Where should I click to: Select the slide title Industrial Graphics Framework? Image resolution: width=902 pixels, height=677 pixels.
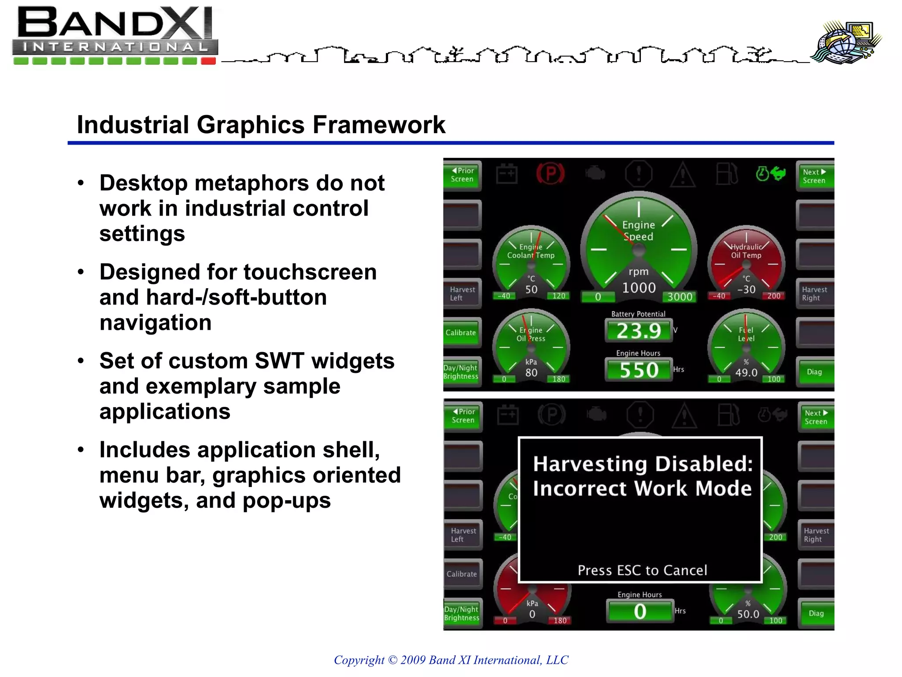(x=261, y=125)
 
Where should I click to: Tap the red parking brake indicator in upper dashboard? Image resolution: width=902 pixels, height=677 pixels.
(x=551, y=174)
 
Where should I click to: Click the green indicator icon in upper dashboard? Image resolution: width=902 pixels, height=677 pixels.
(x=770, y=174)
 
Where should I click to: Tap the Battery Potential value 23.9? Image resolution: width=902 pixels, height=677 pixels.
(x=639, y=331)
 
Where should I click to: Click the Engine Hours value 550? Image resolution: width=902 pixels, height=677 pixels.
(x=639, y=370)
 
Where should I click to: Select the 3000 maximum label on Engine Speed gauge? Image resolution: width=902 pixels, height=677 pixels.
(x=680, y=297)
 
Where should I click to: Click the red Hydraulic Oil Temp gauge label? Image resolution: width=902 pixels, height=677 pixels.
(x=746, y=251)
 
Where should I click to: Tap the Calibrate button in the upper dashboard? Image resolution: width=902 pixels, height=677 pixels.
(x=461, y=333)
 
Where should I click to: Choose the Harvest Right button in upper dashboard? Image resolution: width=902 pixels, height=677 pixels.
(x=814, y=294)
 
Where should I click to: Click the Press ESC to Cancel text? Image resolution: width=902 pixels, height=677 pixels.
(x=642, y=570)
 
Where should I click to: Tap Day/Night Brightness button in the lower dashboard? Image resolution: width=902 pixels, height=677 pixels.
(x=462, y=614)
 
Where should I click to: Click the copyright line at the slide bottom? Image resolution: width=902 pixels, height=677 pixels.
(x=451, y=660)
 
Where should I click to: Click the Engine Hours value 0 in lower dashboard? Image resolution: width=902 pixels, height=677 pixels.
(x=640, y=612)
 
